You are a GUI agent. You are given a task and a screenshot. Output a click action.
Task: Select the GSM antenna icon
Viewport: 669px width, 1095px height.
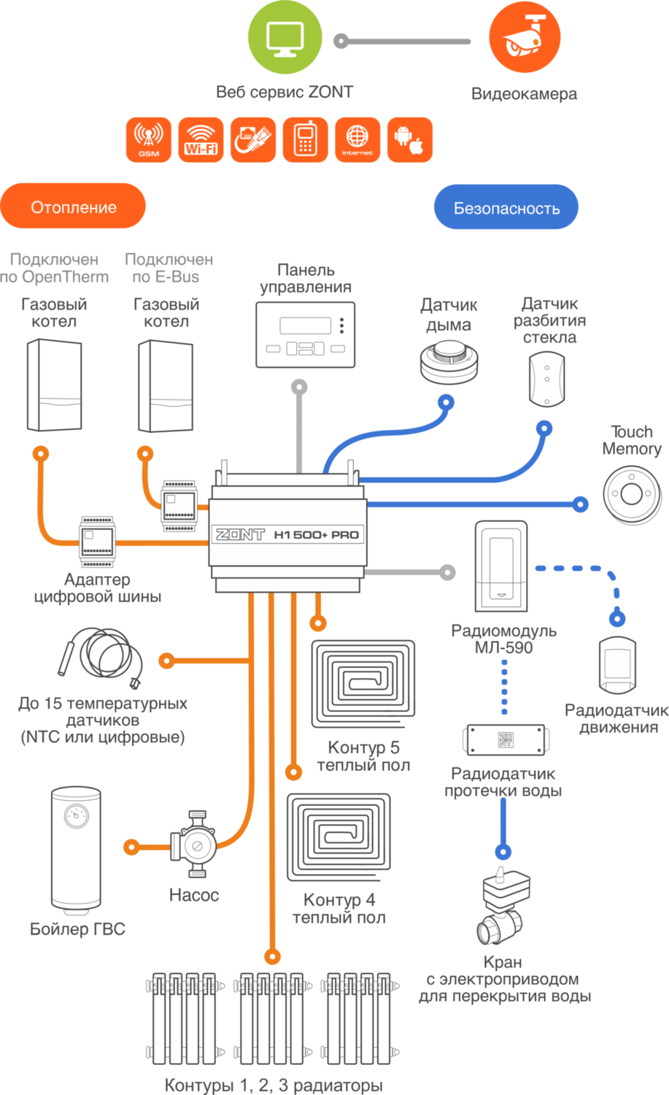click(149, 139)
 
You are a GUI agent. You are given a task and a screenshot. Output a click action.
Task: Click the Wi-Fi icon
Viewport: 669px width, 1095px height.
click(201, 139)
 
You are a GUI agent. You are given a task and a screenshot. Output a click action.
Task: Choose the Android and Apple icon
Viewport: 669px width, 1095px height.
click(409, 139)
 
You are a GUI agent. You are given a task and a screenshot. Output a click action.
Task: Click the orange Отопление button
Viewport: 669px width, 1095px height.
click(74, 207)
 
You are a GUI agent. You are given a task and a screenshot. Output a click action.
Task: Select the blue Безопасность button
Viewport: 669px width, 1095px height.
click(506, 208)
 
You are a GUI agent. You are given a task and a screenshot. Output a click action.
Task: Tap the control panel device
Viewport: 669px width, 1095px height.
click(306, 334)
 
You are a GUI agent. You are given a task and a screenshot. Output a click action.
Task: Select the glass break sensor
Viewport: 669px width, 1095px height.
click(547, 378)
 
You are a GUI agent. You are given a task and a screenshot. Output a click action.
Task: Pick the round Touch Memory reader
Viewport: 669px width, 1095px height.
click(632, 494)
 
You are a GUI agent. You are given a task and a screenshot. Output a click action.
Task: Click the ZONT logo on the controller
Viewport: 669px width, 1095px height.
click(240, 534)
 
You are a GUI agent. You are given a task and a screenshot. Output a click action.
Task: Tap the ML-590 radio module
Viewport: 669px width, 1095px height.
click(500, 566)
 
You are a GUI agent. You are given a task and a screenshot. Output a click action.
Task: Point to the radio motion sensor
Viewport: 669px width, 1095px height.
click(617, 666)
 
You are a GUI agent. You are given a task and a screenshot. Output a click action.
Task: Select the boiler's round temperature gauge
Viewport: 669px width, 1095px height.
click(76, 815)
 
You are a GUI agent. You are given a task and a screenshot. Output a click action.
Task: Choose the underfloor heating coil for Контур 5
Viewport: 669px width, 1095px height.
click(363, 684)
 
